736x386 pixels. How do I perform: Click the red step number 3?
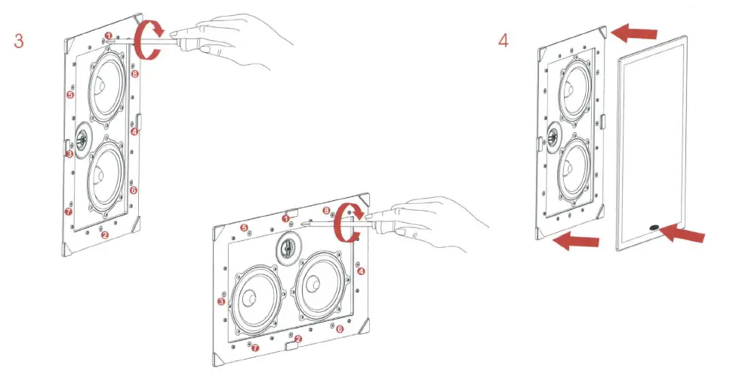(x=19, y=41)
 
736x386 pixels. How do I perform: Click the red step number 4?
(x=503, y=41)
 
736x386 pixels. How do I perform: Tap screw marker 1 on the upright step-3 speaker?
(x=109, y=36)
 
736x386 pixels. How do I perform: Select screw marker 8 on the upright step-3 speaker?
(x=135, y=75)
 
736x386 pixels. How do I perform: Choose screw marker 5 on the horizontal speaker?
(x=244, y=227)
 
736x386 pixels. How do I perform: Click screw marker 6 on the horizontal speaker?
(x=339, y=329)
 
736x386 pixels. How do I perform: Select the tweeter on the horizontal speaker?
(x=288, y=246)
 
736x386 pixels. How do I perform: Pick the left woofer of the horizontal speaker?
(x=253, y=294)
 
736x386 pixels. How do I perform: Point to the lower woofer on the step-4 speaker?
(x=574, y=164)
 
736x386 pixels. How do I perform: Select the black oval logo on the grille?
(x=651, y=226)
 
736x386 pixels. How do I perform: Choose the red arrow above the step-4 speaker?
(x=636, y=32)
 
